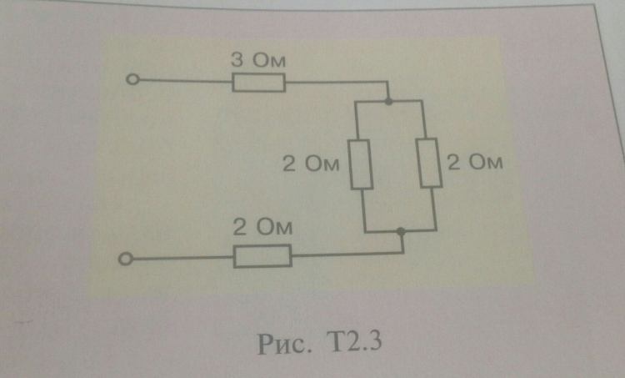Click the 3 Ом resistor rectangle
pos(258,83)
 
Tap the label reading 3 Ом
pos(258,60)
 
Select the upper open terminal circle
pos(132,79)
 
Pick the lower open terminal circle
pos(126,259)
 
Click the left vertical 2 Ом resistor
pos(361,164)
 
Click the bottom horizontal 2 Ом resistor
pos(262,256)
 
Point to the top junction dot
pos(389,102)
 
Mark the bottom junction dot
pos(402,231)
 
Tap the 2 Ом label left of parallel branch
pos(311,164)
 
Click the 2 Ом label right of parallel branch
pos(475,162)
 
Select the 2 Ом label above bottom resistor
pos(262,227)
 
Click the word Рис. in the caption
pos(284,343)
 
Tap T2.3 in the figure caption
pos(353,341)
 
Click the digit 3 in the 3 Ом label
pos(237,60)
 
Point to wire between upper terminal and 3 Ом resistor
pos(186,81)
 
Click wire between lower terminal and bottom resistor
pos(183,259)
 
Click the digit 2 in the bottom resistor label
pos(239,227)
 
